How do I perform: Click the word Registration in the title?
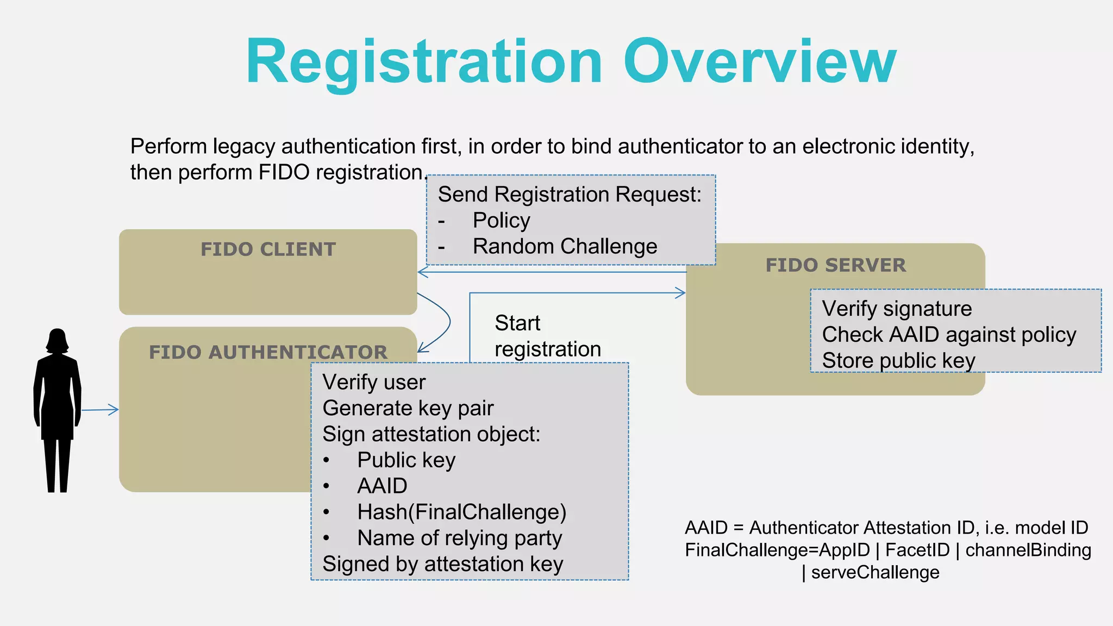pyautogui.click(x=424, y=62)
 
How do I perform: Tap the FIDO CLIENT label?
pyautogui.click(x=268, y=249)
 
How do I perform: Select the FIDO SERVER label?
pyautogui.click(x=835, y=265)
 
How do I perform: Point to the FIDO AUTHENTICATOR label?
pyautogui.click(x=268, y=352)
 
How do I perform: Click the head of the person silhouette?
pyautogui.click(x=57, y=341)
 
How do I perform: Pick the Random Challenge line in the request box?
pyautogui.click(x=565, y=247)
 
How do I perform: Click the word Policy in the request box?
pyautogui.click(x=501, y=221)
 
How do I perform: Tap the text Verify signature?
pyautogui.click(x=897, y=309)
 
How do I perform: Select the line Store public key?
pyautogui.click(x=898, y=361)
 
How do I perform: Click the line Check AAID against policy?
pyautogui.click(x=949, y=335)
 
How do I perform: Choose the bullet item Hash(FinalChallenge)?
pyautogui.click(x=461, y=512)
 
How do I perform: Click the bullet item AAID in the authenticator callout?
pyautogui.click(x=382, y=486)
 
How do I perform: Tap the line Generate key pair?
pyautogui.click(x=408, y=408)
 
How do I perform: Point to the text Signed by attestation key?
pyautogui.click(x=442, y=564)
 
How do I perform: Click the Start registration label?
pyautogui.click(x=547, y=336)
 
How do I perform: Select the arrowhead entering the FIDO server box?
pyautogui.click(x=681, y=293)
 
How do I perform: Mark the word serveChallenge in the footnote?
pyautogui.click(x=875, y=572)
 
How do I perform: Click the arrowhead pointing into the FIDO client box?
pyautogui.click(x=422, y=272)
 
